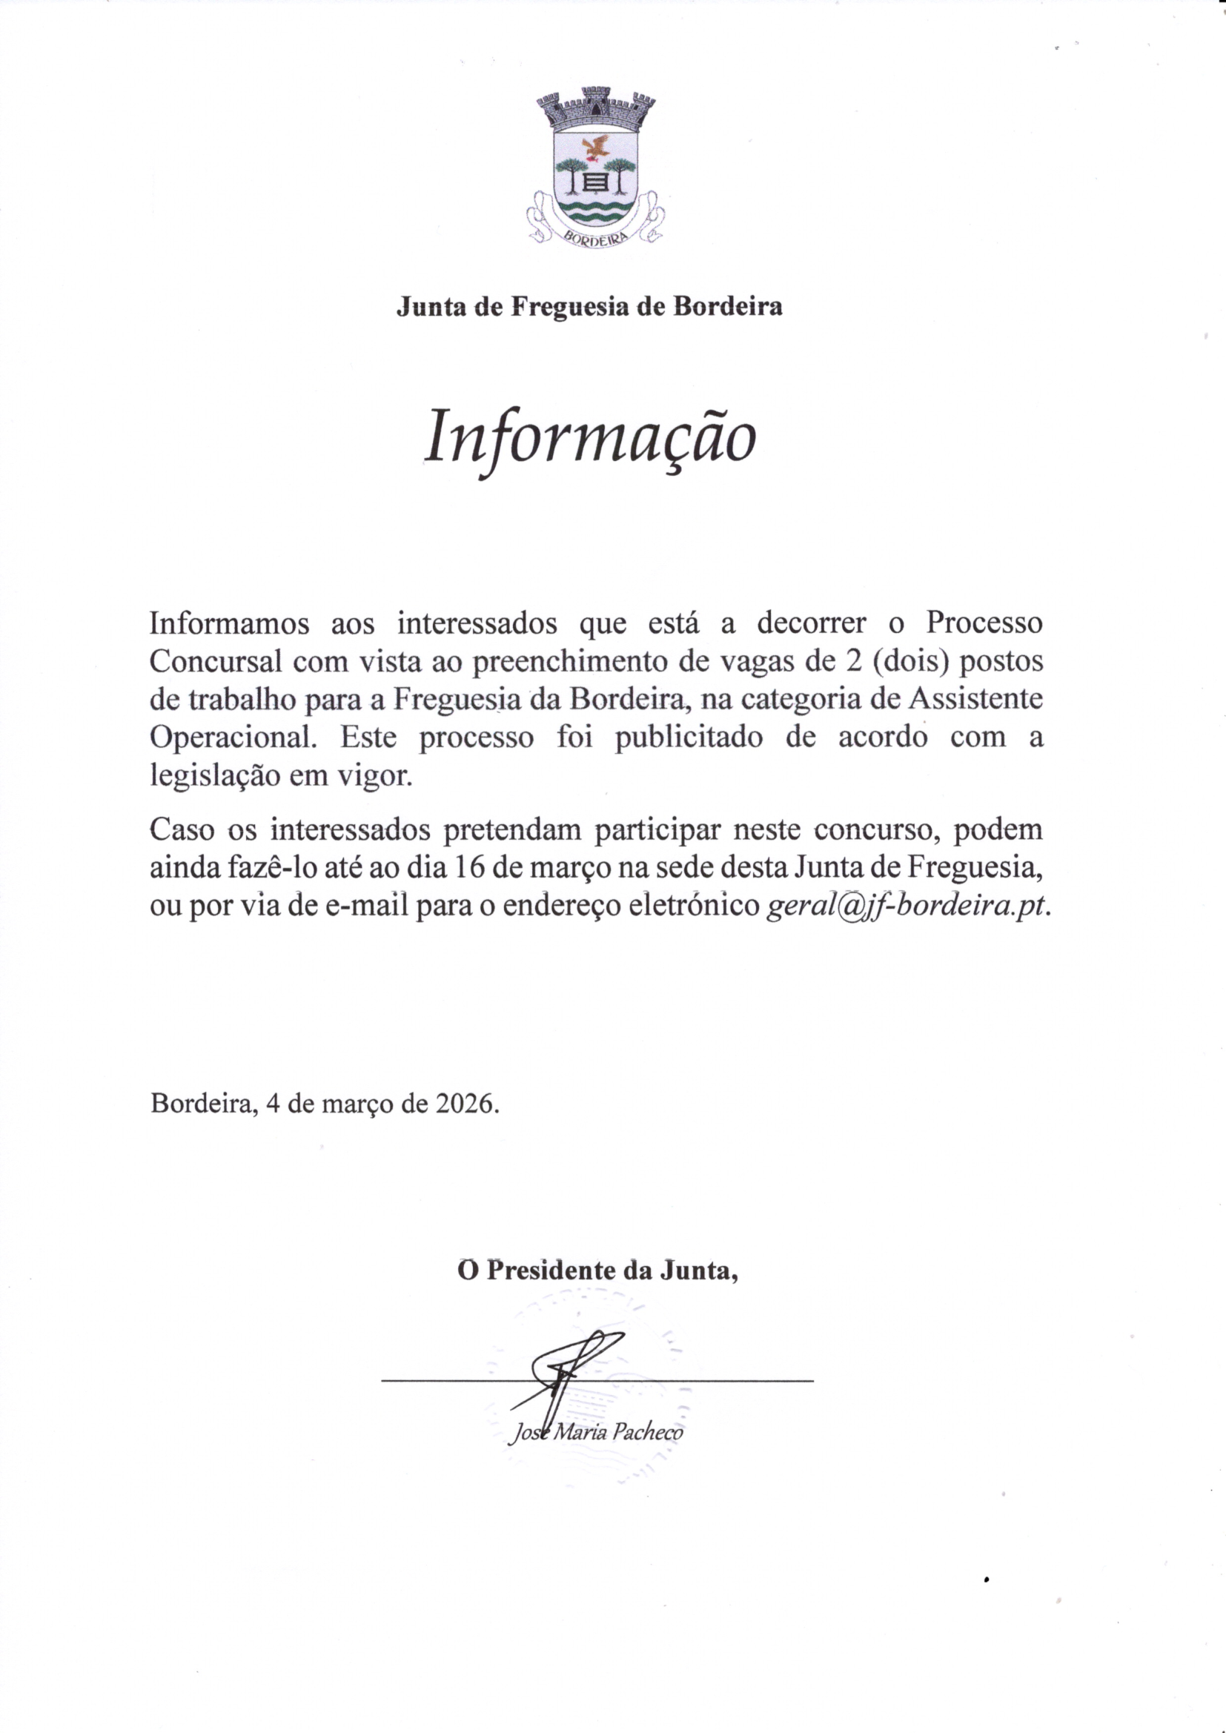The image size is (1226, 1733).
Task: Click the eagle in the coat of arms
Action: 597,148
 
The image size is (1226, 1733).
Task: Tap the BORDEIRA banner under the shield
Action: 596,236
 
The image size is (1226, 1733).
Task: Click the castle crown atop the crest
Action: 596,108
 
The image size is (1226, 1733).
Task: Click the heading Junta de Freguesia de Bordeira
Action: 589,306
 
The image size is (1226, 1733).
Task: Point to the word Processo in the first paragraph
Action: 984,623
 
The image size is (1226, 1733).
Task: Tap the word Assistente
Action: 975,698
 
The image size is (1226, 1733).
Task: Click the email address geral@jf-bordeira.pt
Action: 907,906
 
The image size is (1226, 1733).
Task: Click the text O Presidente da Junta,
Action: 597,1270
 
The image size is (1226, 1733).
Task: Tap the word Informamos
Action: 230,623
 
